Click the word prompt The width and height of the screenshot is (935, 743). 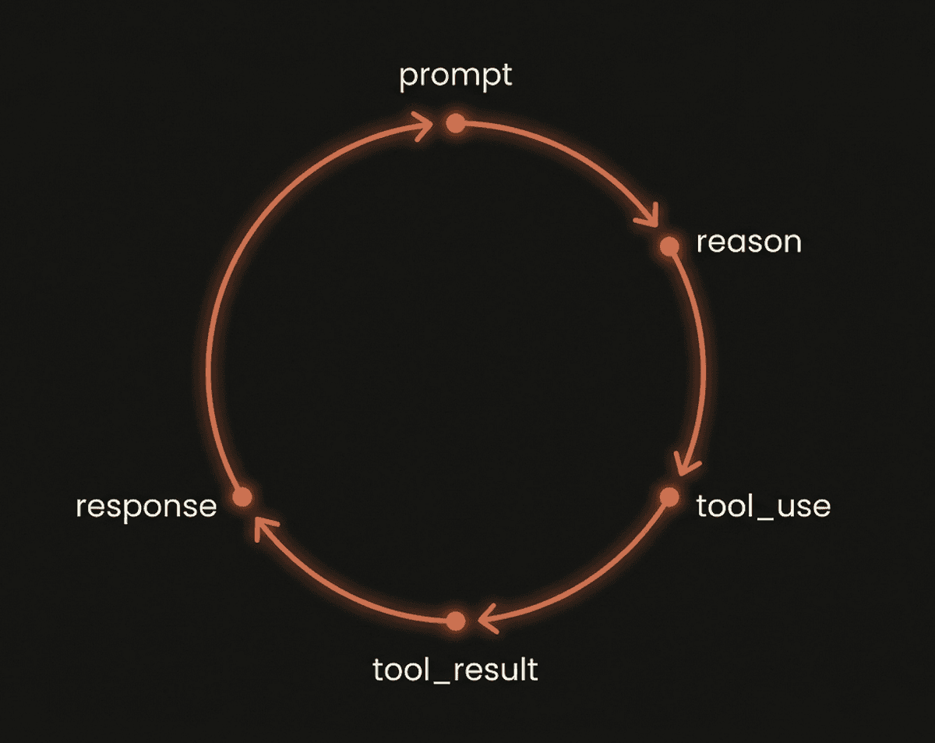(x=455, y=77)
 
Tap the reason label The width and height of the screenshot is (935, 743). (x=749, y=242)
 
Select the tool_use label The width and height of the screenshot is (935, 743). (x=764, y=506)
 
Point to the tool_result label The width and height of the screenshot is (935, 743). (x=455, y=669)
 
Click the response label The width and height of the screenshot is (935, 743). (x=146, y=508)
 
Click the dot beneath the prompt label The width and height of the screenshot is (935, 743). (x=455, y=123)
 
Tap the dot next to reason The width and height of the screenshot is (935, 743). (x=669, y=246)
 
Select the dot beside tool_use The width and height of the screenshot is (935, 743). (x=669, y=497)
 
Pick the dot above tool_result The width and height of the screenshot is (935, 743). (x=455, y=621)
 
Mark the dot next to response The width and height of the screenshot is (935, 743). (x=242, y=497)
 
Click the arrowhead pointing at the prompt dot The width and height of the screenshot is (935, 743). (x=423, y=126)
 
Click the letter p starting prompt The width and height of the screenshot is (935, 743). (x=408, y=80)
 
